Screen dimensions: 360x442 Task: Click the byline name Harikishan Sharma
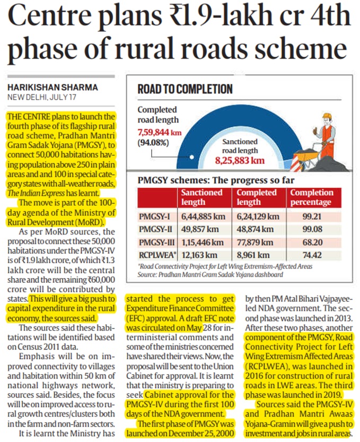click(52, 88)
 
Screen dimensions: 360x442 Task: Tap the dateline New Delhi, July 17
click(42, 97)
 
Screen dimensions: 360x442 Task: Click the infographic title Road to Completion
click(185, 89)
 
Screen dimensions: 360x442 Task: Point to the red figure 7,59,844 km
click(160, 132)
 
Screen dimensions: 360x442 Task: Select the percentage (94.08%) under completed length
click(153, 143)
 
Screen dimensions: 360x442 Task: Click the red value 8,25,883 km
click(240, 161)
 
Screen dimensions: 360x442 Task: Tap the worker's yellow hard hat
click(327, 116)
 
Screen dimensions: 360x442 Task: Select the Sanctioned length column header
click(201, 197)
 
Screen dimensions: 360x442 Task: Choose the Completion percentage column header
click(312, 197)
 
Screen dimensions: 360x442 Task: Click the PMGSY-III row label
click(156, 242)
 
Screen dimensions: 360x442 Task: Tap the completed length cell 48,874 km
click(255, 229)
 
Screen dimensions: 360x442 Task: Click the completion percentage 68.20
click(312, 242)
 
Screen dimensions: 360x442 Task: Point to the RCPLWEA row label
click(157, 255)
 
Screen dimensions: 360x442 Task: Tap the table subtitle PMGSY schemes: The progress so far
click(216, 180)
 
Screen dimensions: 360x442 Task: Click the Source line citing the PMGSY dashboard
click(210, 274)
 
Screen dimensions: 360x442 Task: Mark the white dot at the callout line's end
click(192, 157)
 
